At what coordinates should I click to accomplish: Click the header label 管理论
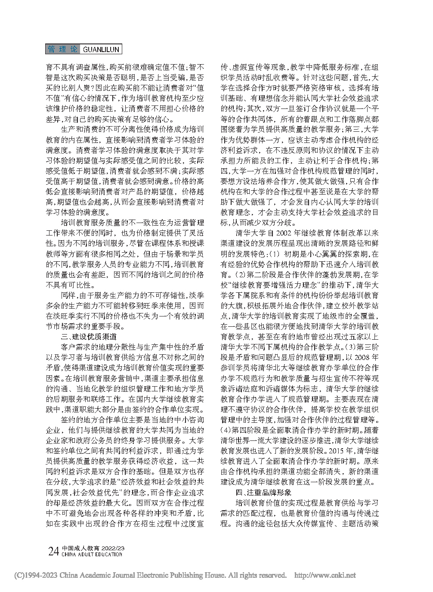[x=63, y=50]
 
